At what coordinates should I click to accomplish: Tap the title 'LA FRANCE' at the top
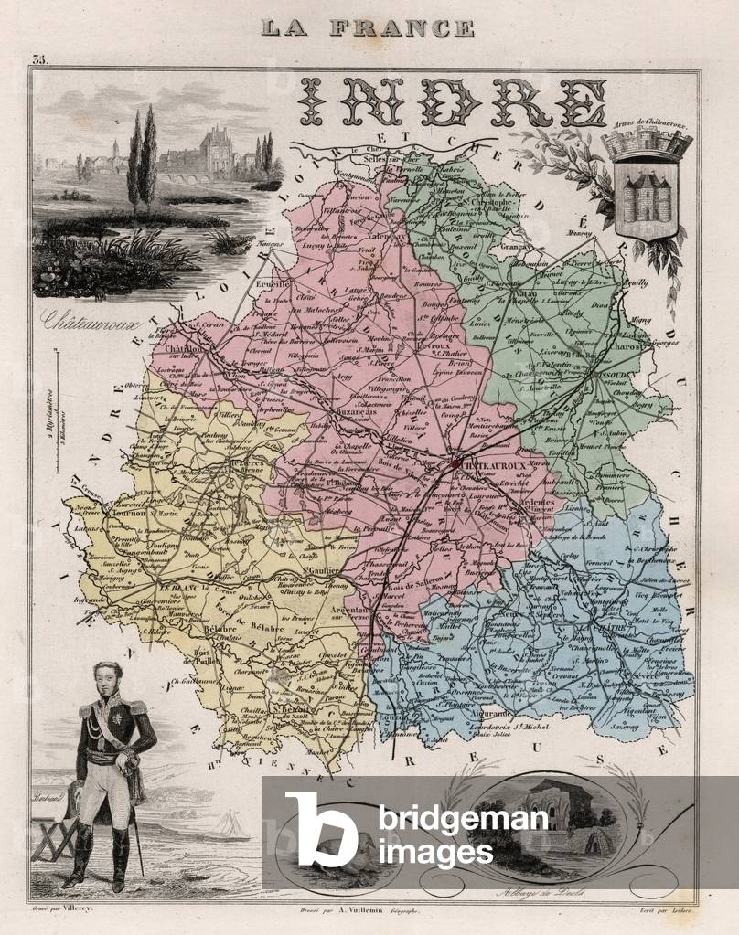point(368,27)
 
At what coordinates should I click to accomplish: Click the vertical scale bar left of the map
point(56,411)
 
